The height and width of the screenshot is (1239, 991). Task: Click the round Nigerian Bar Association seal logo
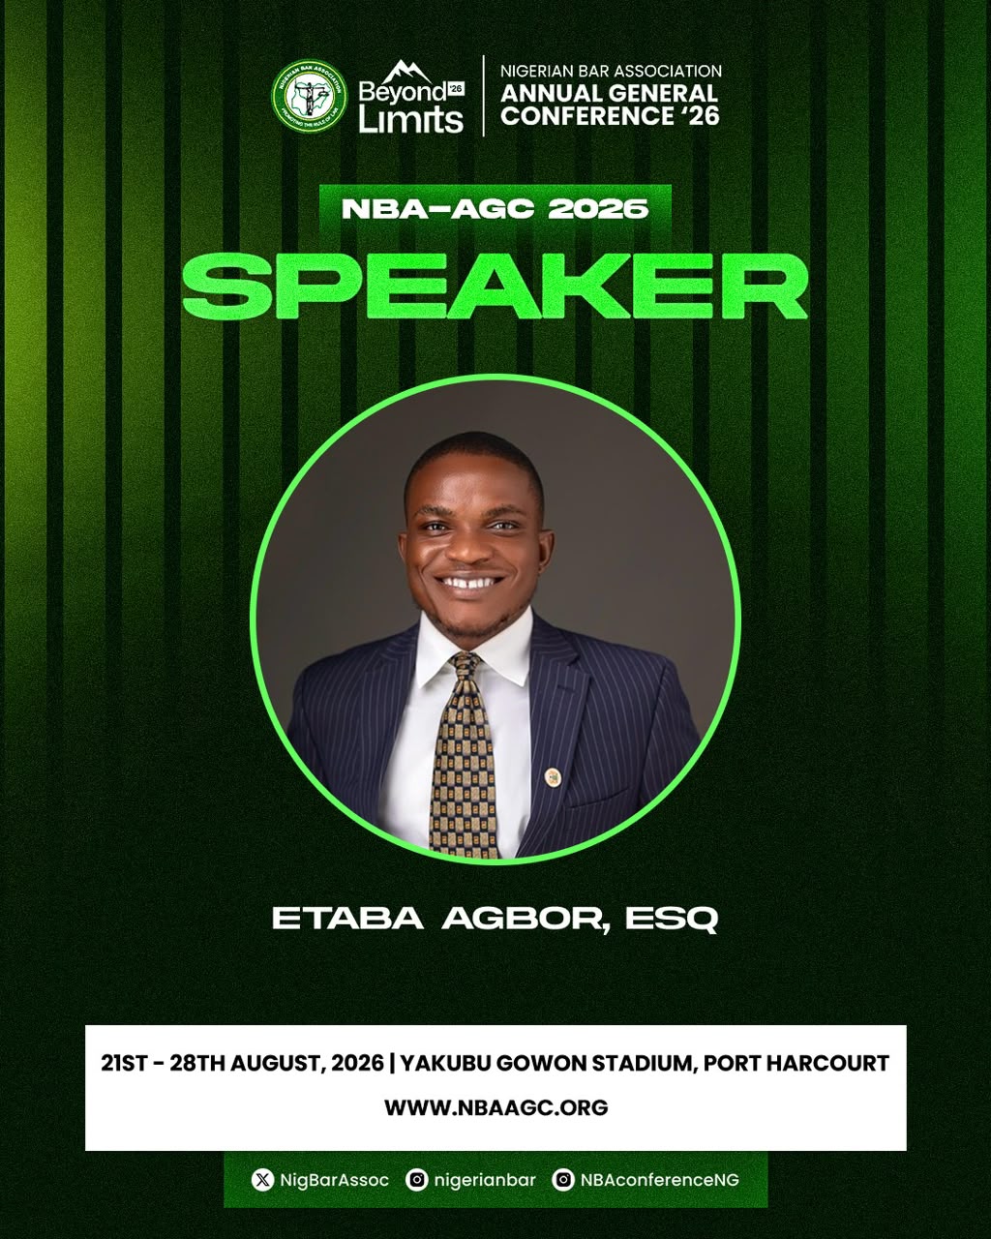(x=310, y=96)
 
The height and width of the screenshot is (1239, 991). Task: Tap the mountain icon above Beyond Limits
(x=407, y=72)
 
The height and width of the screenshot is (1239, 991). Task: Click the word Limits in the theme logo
(x=410, y=119)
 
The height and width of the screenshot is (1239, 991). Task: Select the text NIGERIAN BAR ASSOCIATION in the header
(x=611, y=71)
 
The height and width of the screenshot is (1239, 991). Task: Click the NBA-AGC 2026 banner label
(x=495, y=209)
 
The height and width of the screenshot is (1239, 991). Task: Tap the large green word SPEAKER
(x=495, y=287)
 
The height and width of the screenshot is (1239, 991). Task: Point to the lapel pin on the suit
(x=553, y=776)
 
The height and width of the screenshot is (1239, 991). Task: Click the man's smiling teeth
(x=468, y=582)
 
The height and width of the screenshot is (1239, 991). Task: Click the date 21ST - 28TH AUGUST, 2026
(x=242, y=1063)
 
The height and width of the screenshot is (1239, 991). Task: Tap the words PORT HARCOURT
(x=796, y=1063)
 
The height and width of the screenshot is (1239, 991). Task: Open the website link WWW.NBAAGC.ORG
(x=495, y=1107)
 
